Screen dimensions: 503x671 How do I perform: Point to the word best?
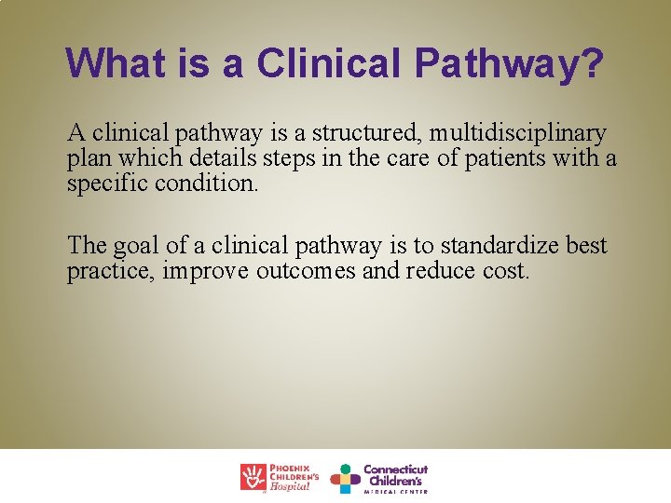[587, 247]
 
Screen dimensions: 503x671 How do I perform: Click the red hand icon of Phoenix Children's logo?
[253, 477]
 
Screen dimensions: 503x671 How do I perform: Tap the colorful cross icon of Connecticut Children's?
[346, 478]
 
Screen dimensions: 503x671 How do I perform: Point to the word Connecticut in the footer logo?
[395, 469]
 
